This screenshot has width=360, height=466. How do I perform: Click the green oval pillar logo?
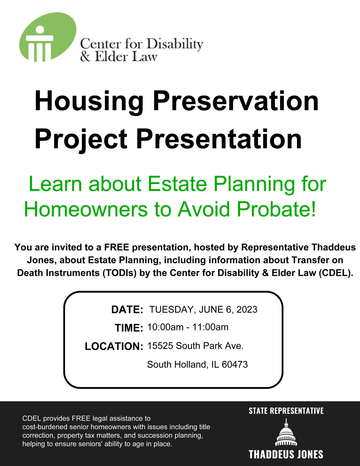[48, 37]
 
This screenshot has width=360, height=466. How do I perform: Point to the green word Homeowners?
[86, 209]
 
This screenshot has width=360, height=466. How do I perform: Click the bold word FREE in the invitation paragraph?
[117, 247]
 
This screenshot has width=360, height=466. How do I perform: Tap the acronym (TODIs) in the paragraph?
[120, 273]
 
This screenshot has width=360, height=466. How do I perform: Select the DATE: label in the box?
[127, 309]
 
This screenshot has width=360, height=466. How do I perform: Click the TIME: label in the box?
[129, 328]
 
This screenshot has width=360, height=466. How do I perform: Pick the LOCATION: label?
[114, 346]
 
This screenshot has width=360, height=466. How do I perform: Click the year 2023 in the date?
[247, 309]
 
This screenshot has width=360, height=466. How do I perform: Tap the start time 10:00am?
[165, 327]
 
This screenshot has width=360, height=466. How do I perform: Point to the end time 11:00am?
[210, 327]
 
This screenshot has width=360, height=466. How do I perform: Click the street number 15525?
[160, 346]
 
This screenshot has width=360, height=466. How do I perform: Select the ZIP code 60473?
[235, 364]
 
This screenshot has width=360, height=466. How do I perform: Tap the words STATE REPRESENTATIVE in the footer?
[286, 411]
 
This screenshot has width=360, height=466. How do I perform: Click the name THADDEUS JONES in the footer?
[286, 454]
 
